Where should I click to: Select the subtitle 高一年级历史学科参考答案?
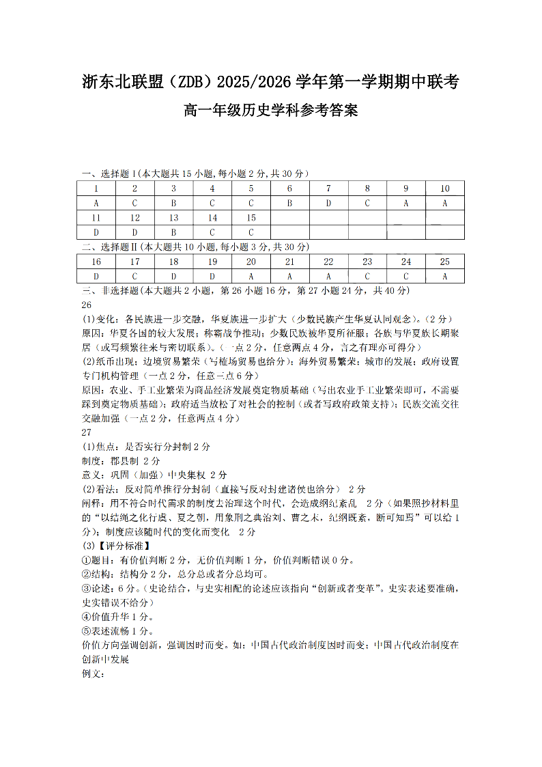pos(271,109)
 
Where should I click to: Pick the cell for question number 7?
pos(328,189)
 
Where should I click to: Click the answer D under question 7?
pos(328,203)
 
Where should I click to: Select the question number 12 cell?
pos(134,218)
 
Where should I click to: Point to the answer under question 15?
pos(251,232)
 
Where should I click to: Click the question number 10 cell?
pos(445,189)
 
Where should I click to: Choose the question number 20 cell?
pos(251,262)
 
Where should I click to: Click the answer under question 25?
pos(445,276)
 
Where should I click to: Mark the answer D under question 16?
pos(96,276)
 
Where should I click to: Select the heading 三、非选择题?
pos(110,291)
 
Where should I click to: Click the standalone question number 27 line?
pos(87,432)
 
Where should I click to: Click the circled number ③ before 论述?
pos(86,588)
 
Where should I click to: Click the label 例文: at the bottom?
pos(92,674)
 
